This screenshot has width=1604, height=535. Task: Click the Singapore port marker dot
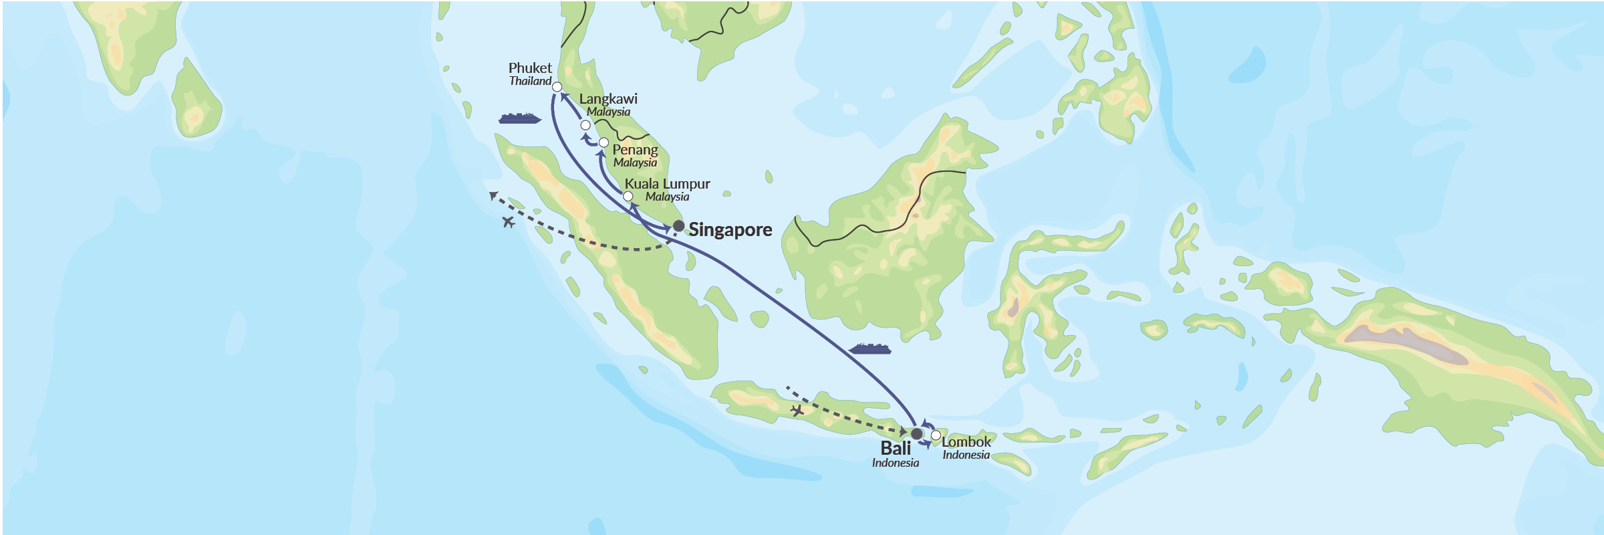[x=678, y=226]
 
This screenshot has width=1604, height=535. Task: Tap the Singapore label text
[x=730, y=230]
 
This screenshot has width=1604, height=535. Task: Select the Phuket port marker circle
[x=557, y=87]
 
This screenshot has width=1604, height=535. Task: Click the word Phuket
[x=530, y=68]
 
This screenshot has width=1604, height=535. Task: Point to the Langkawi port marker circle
[x=585, y=125]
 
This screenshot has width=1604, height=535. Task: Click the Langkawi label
[x=608, y=99]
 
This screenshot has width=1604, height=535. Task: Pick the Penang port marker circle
[x=604, y=142]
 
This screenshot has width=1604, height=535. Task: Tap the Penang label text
[x=635, y=150]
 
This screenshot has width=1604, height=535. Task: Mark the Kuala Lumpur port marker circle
[x=628, y=196]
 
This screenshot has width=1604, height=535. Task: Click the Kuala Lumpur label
[x=667, y=184]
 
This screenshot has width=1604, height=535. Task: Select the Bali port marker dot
[x=916, y=433]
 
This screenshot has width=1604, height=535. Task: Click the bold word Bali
[x=896, y=448]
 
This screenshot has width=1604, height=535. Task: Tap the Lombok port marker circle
[x=936, y=435]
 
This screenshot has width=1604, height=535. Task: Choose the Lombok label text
[x=966, y=442]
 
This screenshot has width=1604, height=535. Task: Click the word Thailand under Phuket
[x=530, y=82]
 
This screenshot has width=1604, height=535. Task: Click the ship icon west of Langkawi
[x=519, y=119]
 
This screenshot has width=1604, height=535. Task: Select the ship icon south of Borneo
[x=870, y=349]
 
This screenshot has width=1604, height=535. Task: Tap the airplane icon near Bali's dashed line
[x=797, y=411]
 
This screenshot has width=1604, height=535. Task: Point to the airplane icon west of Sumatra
[x=509, y=222]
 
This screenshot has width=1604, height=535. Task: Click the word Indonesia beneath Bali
[x=895, y=463]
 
